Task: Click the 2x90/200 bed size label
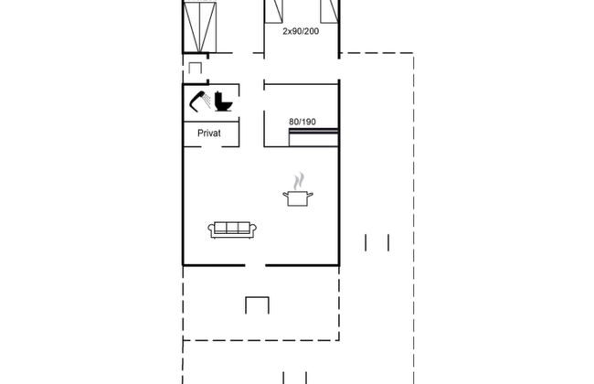[301, 31]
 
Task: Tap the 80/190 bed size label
[302, 122]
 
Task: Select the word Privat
[209, 133]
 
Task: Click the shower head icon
[200, 101]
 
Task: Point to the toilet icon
[223, 101]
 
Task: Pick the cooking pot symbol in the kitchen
[298, 198]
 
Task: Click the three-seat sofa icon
[232, 229]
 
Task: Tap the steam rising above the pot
[299, 180]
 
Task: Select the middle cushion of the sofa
[232, 228]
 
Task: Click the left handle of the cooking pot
[285, 196]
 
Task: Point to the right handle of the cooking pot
[311, 196]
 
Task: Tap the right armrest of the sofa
[253, 229]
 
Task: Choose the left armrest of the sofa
[211, 229]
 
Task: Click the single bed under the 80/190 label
[313, 138]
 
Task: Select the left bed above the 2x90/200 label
[273, 11]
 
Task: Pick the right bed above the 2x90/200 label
[329, 11]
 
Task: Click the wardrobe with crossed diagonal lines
[199, 27]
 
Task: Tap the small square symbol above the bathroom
[195, 69]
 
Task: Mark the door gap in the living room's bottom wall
[255, 265]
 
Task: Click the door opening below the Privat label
[211, 146]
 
